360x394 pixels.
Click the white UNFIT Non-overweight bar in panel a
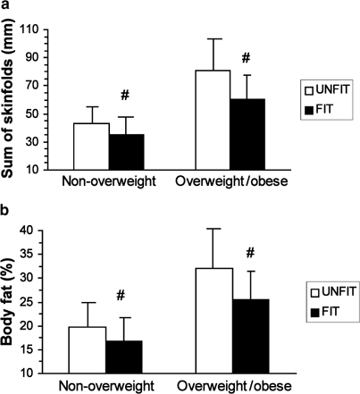pos(91,146)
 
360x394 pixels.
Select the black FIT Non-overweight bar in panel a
pos(126,151)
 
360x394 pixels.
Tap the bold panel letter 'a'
pos(6,7)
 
